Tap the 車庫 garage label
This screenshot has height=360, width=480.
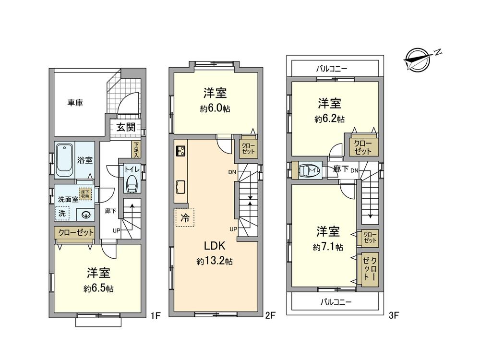click(x=75, y=102)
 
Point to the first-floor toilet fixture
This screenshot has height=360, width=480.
click(x=131, y=183)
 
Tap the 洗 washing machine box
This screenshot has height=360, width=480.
click(x=61, y=213)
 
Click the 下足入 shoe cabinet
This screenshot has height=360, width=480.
click(x=136, y=150)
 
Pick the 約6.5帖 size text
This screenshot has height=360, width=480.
click(x=98, y=289)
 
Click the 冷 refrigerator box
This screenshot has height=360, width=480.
click(x=184, y=217)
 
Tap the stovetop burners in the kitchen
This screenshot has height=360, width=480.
click(x=180, y=151)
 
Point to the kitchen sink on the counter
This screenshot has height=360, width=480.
click(x=181, y=185)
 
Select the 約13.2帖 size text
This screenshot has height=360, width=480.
click(x=215, y=262)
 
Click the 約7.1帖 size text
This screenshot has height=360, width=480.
click(x=328, y=248)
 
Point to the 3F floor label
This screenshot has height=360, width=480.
click(x=395, y=315)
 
